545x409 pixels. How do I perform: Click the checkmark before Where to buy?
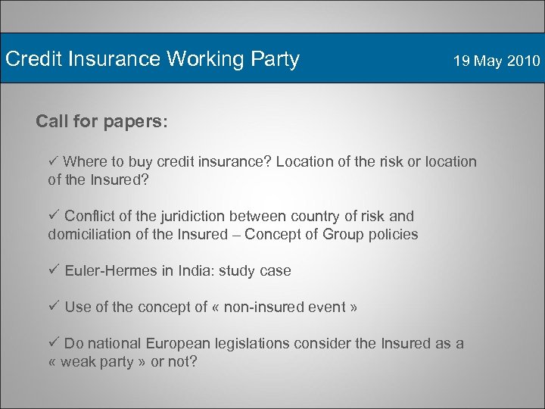pyautogui.click(x=53, y=161)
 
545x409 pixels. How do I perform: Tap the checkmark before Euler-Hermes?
pyautogui.click(x=53, y=270)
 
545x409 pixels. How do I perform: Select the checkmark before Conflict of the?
pyautogui.click(x=53, y=216)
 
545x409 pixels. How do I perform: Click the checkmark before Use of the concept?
pyautogui.click(x=53, y=307)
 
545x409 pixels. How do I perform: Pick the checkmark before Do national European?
pyautogui.click(x=53, y=343)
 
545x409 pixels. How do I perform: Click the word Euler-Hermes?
pyautogui.click(x=111, y=270)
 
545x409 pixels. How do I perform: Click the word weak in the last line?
pyautogui.click(x=78, y=361)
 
